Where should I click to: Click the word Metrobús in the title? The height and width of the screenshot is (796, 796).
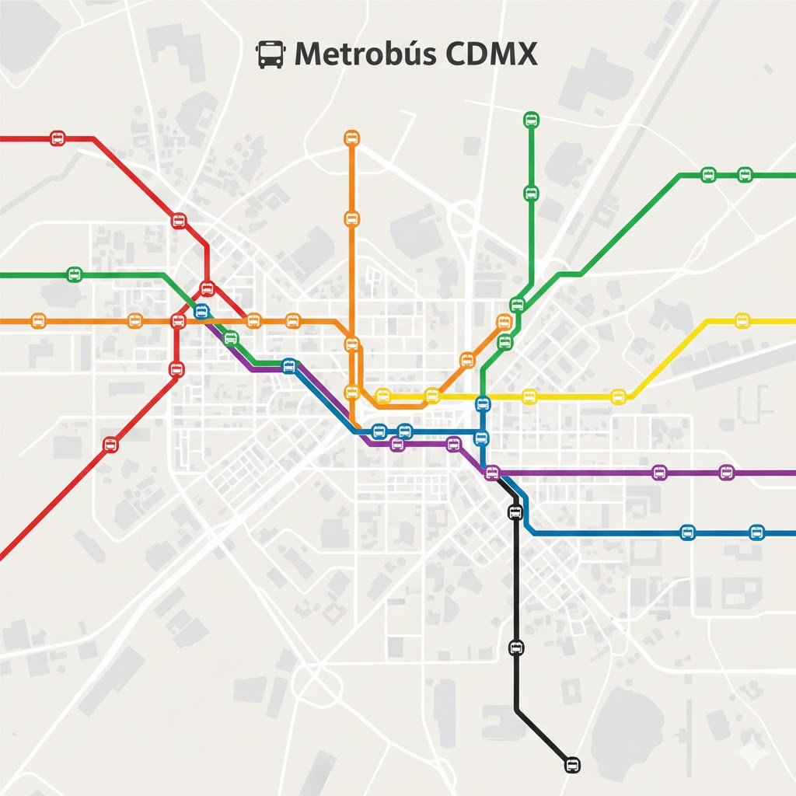[351, 55]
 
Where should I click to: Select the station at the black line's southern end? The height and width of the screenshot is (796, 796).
[571, 765]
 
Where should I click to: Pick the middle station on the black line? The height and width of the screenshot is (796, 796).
[515, 647]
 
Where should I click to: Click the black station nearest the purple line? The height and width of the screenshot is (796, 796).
[515, 511]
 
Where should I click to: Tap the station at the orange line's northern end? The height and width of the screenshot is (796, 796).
[351, 138]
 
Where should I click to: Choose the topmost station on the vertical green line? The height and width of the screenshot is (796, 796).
[531, 120]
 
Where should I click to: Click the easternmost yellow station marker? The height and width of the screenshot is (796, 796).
[742, 320]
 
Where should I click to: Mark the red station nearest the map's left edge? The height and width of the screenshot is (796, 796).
[57, 138]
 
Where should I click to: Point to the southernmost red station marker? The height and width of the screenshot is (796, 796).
[110, 445]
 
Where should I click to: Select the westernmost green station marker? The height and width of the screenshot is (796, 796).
[75, 274]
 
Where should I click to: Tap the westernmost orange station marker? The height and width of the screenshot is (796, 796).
[37, 320]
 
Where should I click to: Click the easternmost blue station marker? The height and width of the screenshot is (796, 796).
[757, 532]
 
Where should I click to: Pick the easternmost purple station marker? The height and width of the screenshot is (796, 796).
[726, 472]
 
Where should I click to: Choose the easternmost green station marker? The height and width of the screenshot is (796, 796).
[745, 175]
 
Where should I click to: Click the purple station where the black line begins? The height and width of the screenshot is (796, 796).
[491, 472]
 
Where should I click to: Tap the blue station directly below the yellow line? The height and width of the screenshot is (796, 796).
[483, 404]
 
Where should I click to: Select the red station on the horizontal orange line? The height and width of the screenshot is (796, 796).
[178, 320]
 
